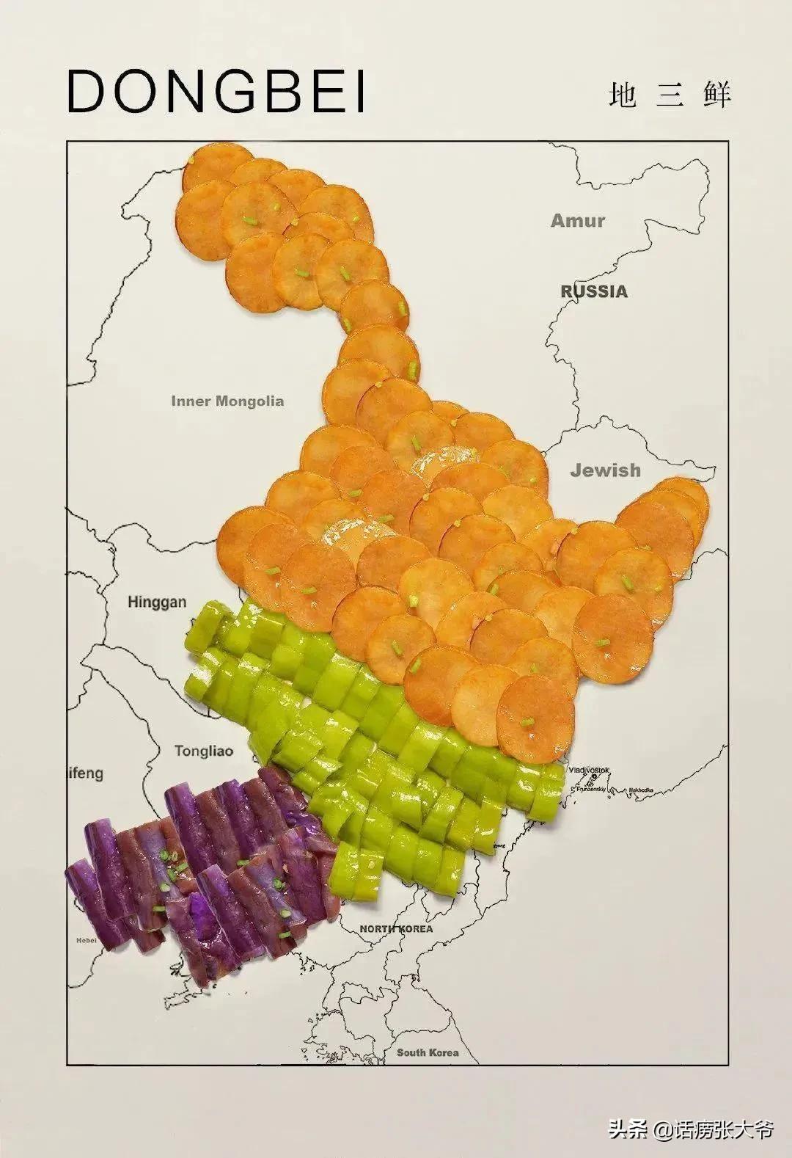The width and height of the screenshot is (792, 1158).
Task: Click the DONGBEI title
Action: tap(216, 92)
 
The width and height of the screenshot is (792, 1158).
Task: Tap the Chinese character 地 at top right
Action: tap(623, 95)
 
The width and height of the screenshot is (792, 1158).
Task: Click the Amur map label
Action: tap(578, 220)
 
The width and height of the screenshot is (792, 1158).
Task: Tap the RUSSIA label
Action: tap(594, 291)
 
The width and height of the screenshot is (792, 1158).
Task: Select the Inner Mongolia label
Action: tap(227, 401)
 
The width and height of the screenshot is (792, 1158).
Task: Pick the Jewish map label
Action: tap(605, 470)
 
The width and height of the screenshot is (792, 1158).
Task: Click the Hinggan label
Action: tap(157, 602)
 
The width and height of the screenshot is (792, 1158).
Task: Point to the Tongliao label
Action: tap(203, 751)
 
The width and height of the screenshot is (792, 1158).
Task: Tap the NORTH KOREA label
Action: tap(396, 929)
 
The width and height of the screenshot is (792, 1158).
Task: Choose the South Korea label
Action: tap(428, 1052)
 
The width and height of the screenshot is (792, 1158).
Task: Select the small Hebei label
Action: tap(86, 940)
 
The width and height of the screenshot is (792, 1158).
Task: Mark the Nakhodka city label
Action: tap(639, 790)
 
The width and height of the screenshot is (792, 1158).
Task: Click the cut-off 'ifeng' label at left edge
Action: tap(86, 773)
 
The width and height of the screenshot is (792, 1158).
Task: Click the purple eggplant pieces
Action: tap(198, 881)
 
